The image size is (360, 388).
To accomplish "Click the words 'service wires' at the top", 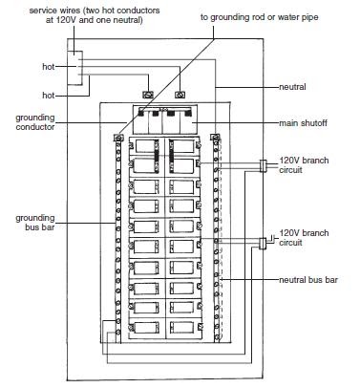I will tap(48, 9).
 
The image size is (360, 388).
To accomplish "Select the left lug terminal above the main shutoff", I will tap(147, 95).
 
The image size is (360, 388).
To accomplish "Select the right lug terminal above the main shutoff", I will tap(181, 95).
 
